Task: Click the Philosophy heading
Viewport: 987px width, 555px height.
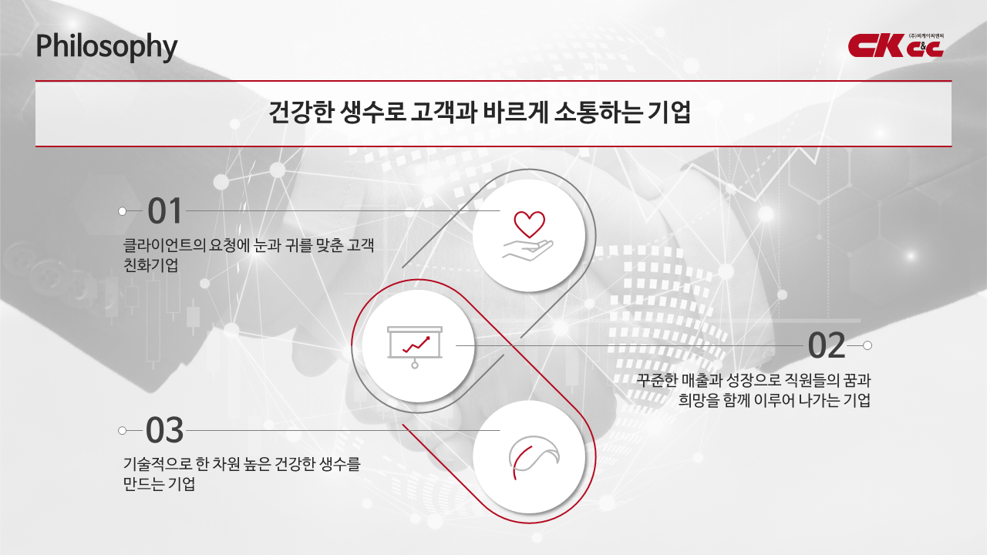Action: tap(106, 47)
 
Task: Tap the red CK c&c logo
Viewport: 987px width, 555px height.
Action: tap(896, 45)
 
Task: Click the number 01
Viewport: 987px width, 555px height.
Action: tap(164, 211)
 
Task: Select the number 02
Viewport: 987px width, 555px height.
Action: tap(827, 346)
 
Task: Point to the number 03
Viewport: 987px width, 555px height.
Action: tap(164, 430)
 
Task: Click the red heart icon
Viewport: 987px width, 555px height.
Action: tap(529, 224)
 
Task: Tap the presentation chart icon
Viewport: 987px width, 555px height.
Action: tap(415, 347)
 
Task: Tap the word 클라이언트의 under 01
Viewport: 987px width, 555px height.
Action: tap(164, 245)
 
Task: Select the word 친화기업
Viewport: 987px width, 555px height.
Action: tap(150, 265)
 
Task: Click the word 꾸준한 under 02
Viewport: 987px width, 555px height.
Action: tap(657, 380)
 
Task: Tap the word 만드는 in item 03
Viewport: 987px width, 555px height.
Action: tap(143, 484)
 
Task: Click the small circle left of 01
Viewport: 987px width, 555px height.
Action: tap(123, 211)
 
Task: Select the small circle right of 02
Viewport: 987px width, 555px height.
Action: tap(867, 346)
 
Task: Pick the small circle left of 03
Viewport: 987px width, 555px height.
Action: tap(123, 431)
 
